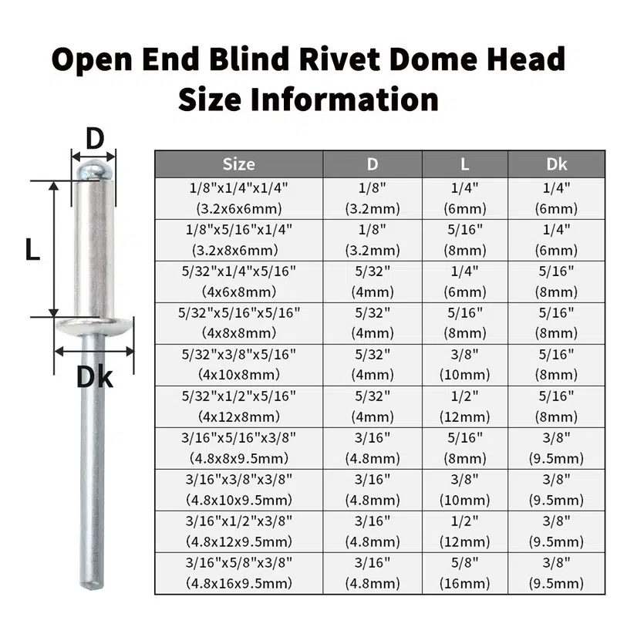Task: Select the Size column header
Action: click(238, 164)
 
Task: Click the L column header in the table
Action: click(464, 164)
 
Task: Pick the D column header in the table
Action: click(373, 164)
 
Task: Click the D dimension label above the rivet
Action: click(94, 139)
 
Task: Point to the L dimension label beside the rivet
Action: click(32, 249)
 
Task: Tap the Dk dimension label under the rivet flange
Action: click(94, 377)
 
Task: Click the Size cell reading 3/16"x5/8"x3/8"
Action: click(238, 572)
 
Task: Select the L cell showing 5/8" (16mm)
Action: click(464, 572)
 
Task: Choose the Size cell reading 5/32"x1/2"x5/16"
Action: click(238, 406)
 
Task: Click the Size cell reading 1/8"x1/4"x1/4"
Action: click(238, 197)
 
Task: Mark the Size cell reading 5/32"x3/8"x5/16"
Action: click(238, 364)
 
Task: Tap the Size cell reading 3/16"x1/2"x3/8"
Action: click(238, 531)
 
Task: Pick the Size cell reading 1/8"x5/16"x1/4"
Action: click(238, 239)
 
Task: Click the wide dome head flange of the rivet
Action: click(94, 328)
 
